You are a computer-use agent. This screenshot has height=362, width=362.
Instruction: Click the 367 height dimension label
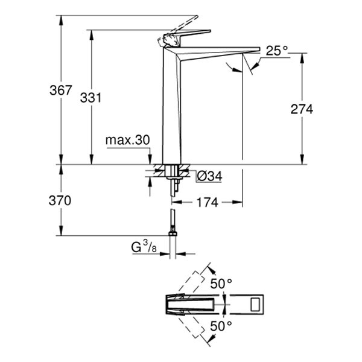pyautogui.click(x=60, y=91)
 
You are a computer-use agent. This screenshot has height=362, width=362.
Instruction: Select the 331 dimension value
pyautogui.click(x=91, y=98)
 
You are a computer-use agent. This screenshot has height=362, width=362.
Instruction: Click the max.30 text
pyautogui.click(x=127, y=140)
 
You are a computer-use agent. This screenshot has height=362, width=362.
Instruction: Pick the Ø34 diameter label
pyautogui.click(x=210, y=176)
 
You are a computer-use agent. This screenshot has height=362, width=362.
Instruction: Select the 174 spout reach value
pyautogui.click(x=207, y=203)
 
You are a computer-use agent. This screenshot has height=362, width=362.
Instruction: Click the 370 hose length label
pyautogui.click(x=60, y=200)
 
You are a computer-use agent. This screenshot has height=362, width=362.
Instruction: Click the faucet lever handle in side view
pyautogui.click(x=187, y=33)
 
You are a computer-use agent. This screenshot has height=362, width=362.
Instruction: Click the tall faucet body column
pyautogui.click(x=171, y=109)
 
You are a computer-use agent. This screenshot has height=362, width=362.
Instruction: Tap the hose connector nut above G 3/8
pyautogui.click(x=173, y=229)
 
